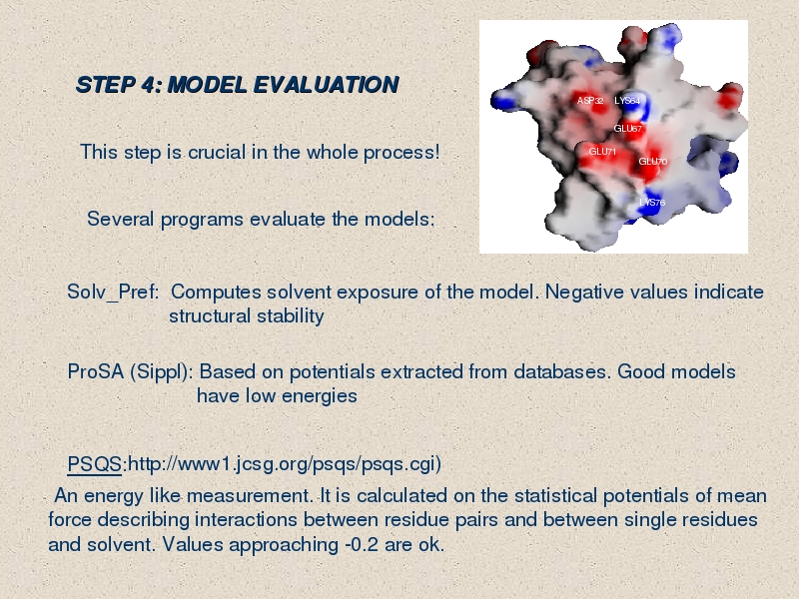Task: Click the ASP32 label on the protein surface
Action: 590,101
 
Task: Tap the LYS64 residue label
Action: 627,101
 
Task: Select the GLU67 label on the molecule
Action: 628,129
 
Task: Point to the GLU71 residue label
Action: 602,152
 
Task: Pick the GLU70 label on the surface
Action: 653,162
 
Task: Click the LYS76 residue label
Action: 652,203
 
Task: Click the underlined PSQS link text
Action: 94,464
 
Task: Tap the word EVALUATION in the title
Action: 327,85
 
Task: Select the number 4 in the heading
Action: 148,85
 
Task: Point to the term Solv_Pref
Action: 113,293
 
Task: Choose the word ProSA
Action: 96,371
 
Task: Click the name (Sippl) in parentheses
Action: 161,372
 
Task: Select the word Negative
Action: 617,292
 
